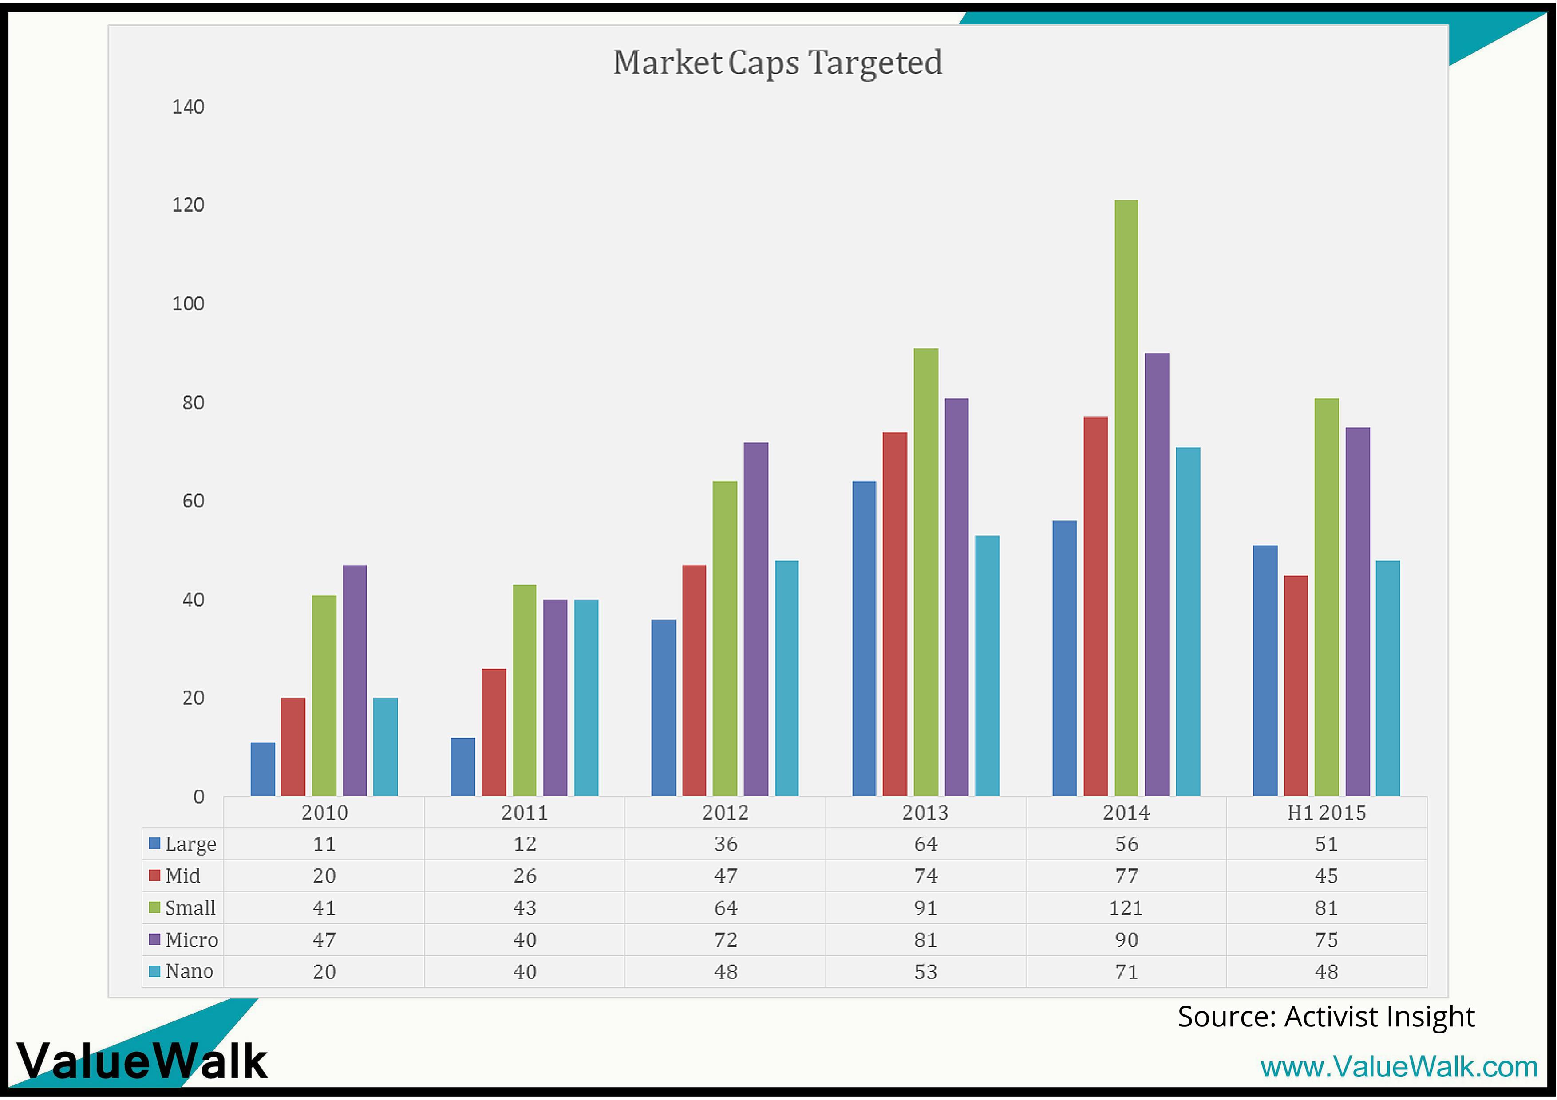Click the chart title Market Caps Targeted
(x=777, y=63)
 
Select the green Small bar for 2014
(x=1126, y=498)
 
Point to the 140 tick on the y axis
(x=188, y=107)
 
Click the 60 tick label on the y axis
(x=193, y=501)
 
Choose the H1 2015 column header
(x=1327, y=812)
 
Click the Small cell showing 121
(x=1126, y=907)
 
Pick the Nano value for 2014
(x=1126, y=971)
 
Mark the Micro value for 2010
(x=324, y=939)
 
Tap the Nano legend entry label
(x=189, y=971)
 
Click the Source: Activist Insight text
(x=1326, y=1016)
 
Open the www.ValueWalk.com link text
(x=1398, y=1067)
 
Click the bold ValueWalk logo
(x=142, y=1061)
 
